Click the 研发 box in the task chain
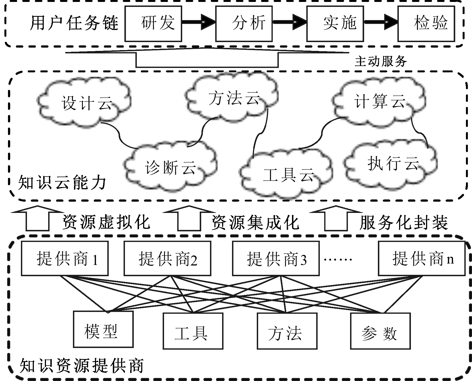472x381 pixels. [153, 23]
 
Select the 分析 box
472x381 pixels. [244, 23]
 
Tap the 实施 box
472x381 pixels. [335, 23]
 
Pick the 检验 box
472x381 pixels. [426, 23]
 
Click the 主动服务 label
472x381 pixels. [381, 61]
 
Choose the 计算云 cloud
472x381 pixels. [379, 101]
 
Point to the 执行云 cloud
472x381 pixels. [392, 164]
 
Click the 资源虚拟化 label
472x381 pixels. [107, 222]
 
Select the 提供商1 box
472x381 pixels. [65, 259]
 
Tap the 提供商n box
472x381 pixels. [422, 259]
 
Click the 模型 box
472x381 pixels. [103, 330]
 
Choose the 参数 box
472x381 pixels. [380, 331]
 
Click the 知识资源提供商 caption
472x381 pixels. [82, 365]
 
